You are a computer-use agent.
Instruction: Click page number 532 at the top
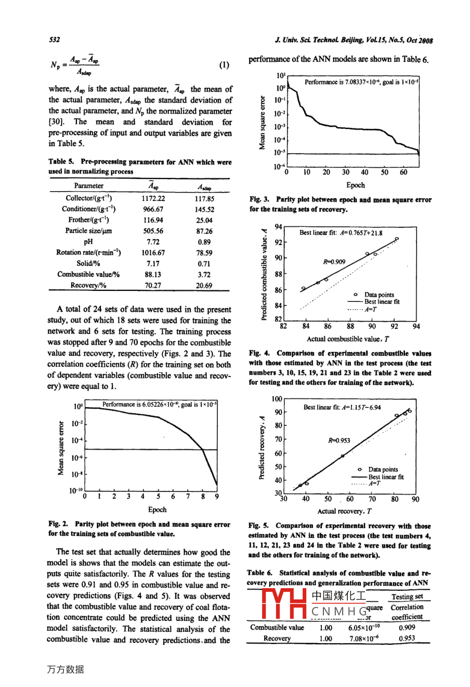point(54,40)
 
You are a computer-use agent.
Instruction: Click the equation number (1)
point(224,65)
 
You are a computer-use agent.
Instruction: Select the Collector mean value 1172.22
point(153,198)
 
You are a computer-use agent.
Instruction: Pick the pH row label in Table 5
point(88,241)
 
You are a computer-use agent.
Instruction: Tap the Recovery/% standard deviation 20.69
point(204,285)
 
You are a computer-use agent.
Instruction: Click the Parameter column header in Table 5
point(88,186)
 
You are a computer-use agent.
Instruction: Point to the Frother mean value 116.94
point(153,220)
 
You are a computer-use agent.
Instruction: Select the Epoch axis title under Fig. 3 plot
point(356,185)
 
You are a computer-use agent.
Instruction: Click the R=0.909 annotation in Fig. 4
point(334,262)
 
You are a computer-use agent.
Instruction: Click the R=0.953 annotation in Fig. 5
point(339,440)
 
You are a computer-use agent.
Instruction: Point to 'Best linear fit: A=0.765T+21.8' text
point(341,233)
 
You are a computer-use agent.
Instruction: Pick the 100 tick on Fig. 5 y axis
point(277,399)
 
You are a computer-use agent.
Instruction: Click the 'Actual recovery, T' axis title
point(344,511)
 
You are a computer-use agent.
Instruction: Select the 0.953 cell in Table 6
point(407,638)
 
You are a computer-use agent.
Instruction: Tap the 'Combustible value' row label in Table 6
point(277,627)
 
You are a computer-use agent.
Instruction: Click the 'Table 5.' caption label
point(62,162)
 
